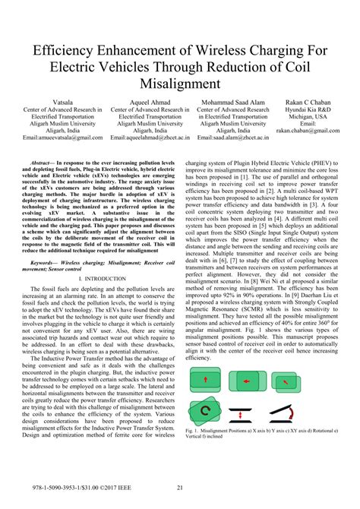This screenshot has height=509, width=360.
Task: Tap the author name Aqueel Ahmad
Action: click(x=149, y=101)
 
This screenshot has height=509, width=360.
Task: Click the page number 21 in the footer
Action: click(x=179, y=488)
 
